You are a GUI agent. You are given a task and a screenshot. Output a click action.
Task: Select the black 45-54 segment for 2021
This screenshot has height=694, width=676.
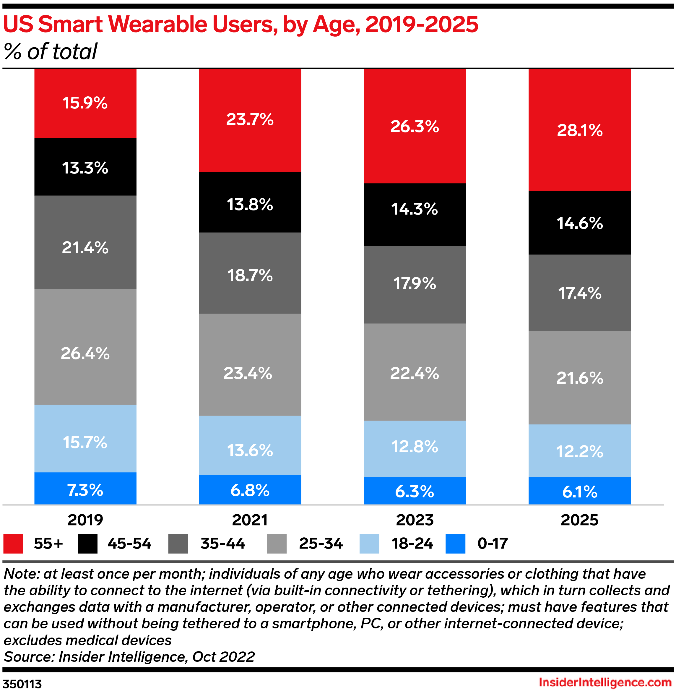point(250,202)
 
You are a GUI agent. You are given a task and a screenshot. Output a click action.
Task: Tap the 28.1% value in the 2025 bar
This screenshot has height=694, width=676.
point(579,130)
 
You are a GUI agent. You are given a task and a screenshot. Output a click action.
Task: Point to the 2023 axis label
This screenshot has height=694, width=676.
point(415,520)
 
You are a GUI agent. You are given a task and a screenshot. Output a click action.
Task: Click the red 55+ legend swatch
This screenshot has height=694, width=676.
point(13,544)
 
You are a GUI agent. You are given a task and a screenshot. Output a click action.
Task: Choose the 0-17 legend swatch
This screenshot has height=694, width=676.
point(455,544)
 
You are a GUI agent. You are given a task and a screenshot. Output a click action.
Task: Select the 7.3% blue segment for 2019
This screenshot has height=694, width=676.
point(85,488)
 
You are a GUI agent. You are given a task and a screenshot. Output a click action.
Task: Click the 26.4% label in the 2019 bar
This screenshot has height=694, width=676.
point(85,354)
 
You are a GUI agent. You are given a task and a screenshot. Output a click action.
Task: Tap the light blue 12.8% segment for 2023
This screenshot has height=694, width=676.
point(415,449)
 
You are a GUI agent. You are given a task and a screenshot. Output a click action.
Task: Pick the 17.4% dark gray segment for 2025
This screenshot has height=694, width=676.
point(579,293)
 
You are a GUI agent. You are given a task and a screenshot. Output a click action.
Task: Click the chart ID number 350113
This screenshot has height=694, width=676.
point(22,684)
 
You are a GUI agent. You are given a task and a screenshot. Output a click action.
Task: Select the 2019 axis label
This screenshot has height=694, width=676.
point(85,520)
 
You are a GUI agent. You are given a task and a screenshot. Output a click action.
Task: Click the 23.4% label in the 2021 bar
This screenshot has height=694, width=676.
point(248,373)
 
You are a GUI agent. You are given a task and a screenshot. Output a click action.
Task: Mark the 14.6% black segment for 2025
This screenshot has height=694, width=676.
point(579,223)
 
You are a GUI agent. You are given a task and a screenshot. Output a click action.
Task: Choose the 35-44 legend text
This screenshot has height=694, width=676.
point(222,544)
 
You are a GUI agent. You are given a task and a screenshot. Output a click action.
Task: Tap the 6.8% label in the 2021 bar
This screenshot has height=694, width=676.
point(250,490)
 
